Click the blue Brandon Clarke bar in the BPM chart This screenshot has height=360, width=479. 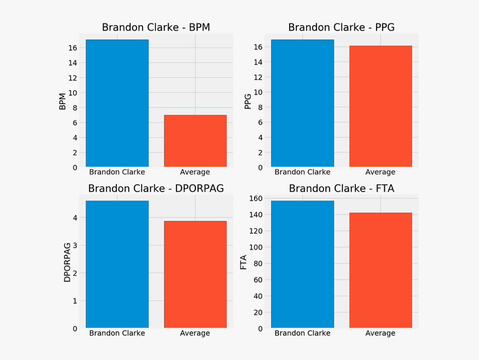point(117,103)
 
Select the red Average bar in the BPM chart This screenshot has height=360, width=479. point(195,141)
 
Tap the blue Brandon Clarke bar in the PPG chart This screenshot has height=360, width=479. point(302,103)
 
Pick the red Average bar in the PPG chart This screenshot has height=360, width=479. point(380,106)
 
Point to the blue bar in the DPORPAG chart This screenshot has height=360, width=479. point(117,264)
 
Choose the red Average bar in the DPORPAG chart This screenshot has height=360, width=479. point(195,274)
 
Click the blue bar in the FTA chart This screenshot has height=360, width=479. point(302,264)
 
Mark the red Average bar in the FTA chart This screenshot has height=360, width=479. point(380,270)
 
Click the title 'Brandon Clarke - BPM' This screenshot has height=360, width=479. point(156,27)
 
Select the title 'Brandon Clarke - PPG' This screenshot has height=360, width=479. point(341,27)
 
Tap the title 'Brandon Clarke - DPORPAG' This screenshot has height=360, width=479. point(156,188)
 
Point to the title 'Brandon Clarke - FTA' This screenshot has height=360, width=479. point(341,188)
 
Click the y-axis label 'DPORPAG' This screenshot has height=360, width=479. point(67,262)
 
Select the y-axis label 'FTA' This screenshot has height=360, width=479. point(243,262)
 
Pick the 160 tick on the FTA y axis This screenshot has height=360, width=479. point(256,198)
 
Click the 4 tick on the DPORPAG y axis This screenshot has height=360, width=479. point(75,217)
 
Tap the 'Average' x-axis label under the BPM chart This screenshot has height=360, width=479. point(195,172)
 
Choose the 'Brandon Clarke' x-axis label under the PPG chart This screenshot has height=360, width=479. point(302,172)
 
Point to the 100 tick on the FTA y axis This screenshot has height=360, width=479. point(256,247)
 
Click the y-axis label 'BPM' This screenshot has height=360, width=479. point(62,101)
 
